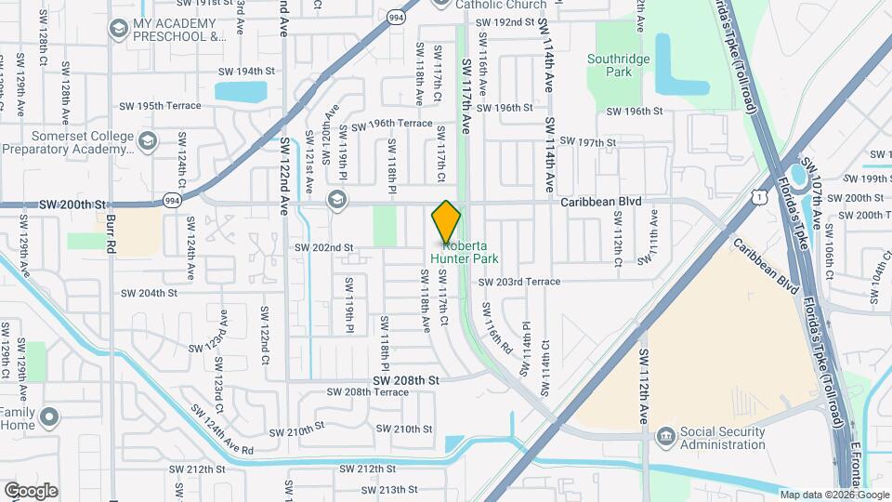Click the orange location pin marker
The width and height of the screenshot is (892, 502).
pos(446,222)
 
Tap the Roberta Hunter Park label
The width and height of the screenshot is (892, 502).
pos(470,252)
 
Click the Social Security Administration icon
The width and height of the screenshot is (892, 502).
pos(665,436)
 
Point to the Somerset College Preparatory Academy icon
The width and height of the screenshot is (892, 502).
pos(146,141)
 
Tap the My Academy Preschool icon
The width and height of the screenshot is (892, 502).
pos(118,30)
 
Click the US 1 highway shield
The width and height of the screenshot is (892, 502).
pos(760,196)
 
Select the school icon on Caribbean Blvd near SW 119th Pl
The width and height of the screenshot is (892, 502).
pos(335,200)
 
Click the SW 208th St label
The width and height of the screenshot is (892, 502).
pos(405,379)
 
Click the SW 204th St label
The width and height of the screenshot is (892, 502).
pos(149,293)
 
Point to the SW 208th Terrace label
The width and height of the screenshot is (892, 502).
pos(369,392)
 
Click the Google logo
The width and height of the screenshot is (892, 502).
pos(31,491)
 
